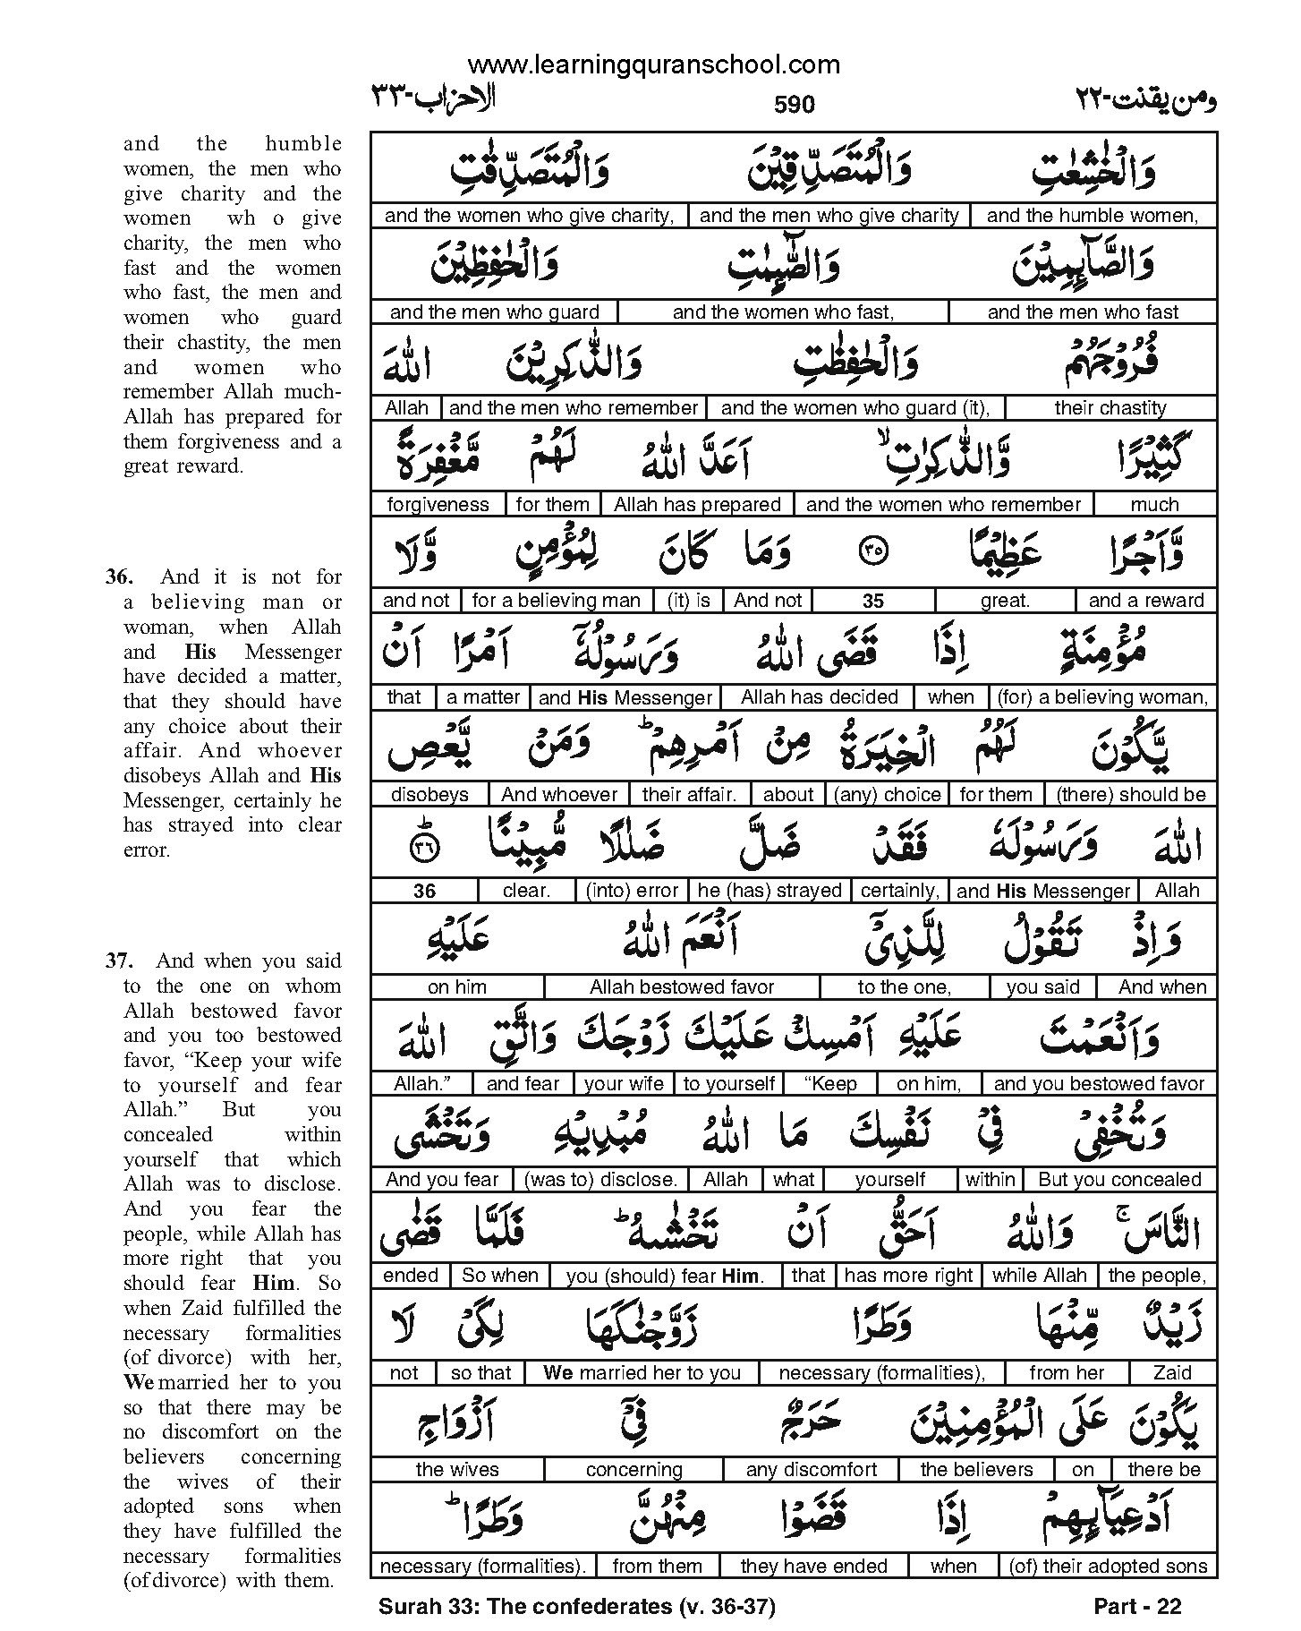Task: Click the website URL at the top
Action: tap(654, 64)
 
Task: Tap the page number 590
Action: tap(794, 105)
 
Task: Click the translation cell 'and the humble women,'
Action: tap(1092, 215)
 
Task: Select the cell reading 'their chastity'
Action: tap(1110, 408)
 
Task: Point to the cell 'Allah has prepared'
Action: tap(697, 505)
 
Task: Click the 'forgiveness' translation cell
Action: tap(438, 505)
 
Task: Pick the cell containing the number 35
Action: tap(872, 602)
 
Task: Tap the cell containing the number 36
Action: tap(425, 892)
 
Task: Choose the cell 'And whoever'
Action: tap(559, 795)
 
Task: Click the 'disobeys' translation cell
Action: tap(430, 795)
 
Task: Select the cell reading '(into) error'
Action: tap(633, 892)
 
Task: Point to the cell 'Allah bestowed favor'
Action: tap(681, 987)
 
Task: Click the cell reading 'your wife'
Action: tap(624, 1084)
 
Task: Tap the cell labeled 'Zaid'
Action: tap(1172, 1373)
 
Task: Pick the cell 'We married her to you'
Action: tap(642, 1373)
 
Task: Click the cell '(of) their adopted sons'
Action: tap(1108, 1567)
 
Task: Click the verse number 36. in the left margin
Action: tap(119, 577)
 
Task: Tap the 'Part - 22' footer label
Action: tap(1137, 1607)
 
